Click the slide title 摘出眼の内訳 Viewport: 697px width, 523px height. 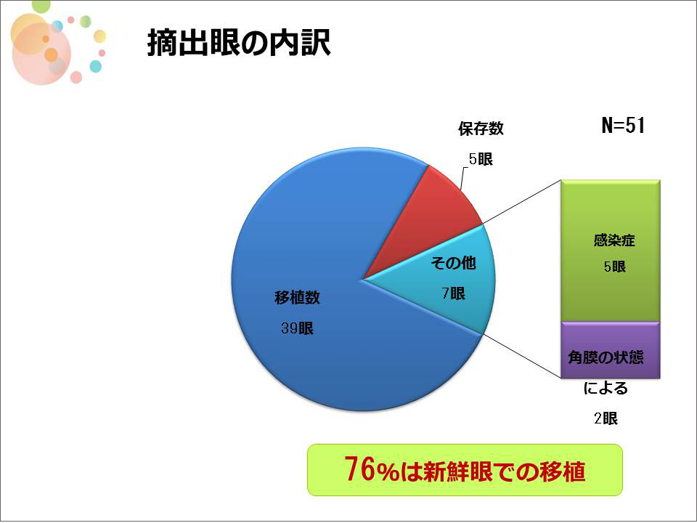point(239,43)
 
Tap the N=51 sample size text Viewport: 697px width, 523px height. point(623,126)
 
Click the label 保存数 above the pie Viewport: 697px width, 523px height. point(481,129)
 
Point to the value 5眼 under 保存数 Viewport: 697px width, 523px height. point(481,159)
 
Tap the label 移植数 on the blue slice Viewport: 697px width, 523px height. point(298,298)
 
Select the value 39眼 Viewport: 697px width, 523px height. point(297,328)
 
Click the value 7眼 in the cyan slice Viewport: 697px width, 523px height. point(453,293)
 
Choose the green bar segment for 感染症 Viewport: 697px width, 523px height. point(611,251)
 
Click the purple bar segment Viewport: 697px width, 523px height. point(611,350)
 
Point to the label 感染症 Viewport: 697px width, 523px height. point(614,240)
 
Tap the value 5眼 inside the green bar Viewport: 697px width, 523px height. point(615,267)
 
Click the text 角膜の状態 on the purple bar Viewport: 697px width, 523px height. point(606,357)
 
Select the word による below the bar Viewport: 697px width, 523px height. point(606,388)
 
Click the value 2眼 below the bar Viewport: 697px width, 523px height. point(606,418)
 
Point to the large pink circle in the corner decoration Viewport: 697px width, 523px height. point(41,53)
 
